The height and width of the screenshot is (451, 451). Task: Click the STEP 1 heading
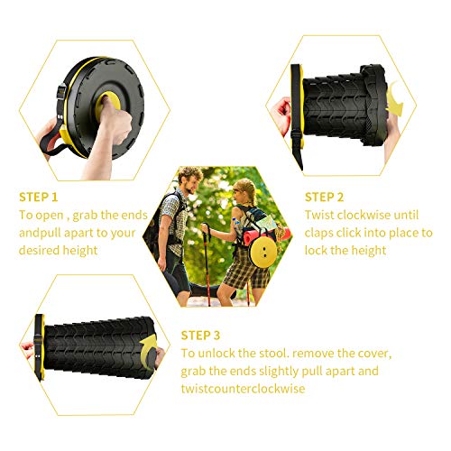tap(38, 198)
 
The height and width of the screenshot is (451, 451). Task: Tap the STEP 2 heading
tap(324, 198)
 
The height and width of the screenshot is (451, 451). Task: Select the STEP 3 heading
tap(200, 336)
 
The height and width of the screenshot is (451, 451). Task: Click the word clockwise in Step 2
tap(364, 215)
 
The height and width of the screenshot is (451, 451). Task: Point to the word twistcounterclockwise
tap(243, 389)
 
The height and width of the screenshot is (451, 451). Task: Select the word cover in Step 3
tap(377, 354)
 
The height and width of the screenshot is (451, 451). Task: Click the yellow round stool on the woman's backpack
tap(263, 252)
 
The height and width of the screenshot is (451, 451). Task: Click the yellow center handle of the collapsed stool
tap(107, 104)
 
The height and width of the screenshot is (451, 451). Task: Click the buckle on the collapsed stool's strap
tap(61, 92)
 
